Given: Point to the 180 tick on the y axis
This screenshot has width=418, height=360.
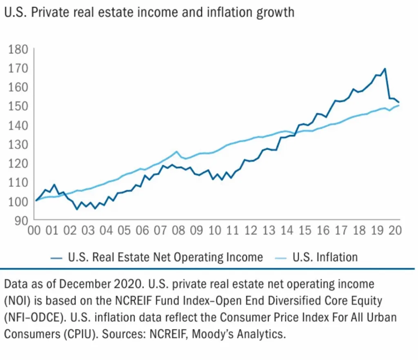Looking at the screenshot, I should (18, 49).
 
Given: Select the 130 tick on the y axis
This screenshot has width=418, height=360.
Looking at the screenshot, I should (18, 144).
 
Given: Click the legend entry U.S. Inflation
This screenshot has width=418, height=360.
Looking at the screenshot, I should (325, 257).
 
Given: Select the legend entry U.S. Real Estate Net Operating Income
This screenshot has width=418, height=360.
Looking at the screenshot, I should (165, 257).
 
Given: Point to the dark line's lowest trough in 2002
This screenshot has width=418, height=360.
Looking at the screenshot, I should (76, 209).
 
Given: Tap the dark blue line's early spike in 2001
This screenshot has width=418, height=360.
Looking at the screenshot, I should (54, 185).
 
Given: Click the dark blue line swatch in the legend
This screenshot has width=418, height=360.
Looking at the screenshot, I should (56, 258).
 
